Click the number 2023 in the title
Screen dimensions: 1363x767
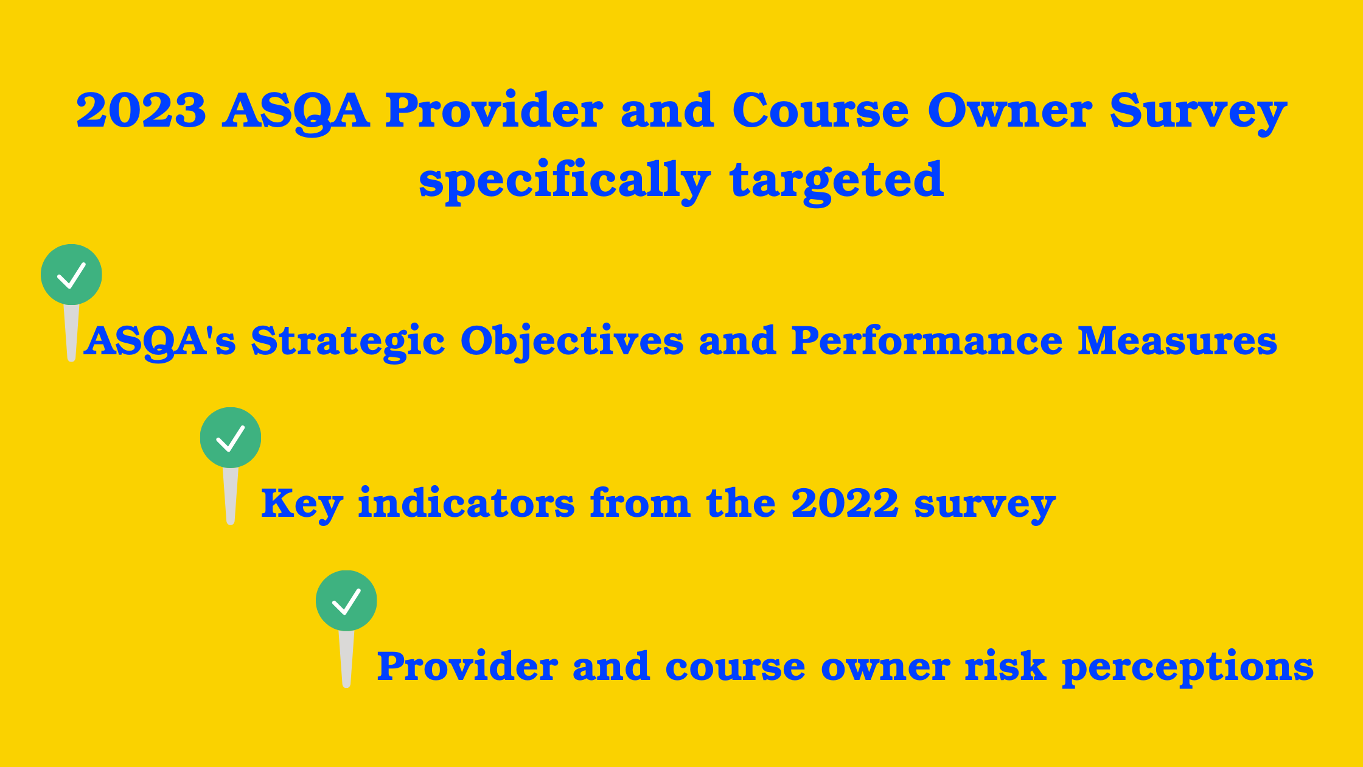click(141, 111)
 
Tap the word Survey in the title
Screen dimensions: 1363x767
click(1198, 113)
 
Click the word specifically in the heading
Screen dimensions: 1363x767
click(565, 181)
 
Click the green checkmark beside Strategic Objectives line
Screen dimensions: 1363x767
click(71, 275)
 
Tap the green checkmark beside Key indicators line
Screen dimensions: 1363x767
click(231, 438)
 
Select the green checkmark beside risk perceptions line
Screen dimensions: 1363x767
click(346, 601)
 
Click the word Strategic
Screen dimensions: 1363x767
click(348, 343)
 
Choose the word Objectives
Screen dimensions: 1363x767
click(572, 343)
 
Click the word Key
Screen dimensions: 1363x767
click(302, 505)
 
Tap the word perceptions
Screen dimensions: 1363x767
click(1188, 668)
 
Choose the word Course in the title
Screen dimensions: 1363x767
click(821, 110)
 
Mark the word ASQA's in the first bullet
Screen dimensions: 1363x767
click(159, 343)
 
